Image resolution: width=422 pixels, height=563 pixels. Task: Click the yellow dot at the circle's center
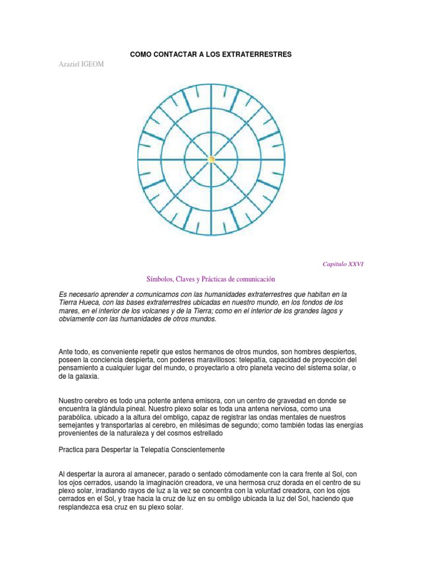(x=211, y=159)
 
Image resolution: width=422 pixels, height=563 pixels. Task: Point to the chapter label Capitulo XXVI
(x=342, y=264)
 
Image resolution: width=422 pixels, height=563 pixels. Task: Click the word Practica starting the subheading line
(x=73, y=449)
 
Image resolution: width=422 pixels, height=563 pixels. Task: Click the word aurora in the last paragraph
(x=113, y=474)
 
